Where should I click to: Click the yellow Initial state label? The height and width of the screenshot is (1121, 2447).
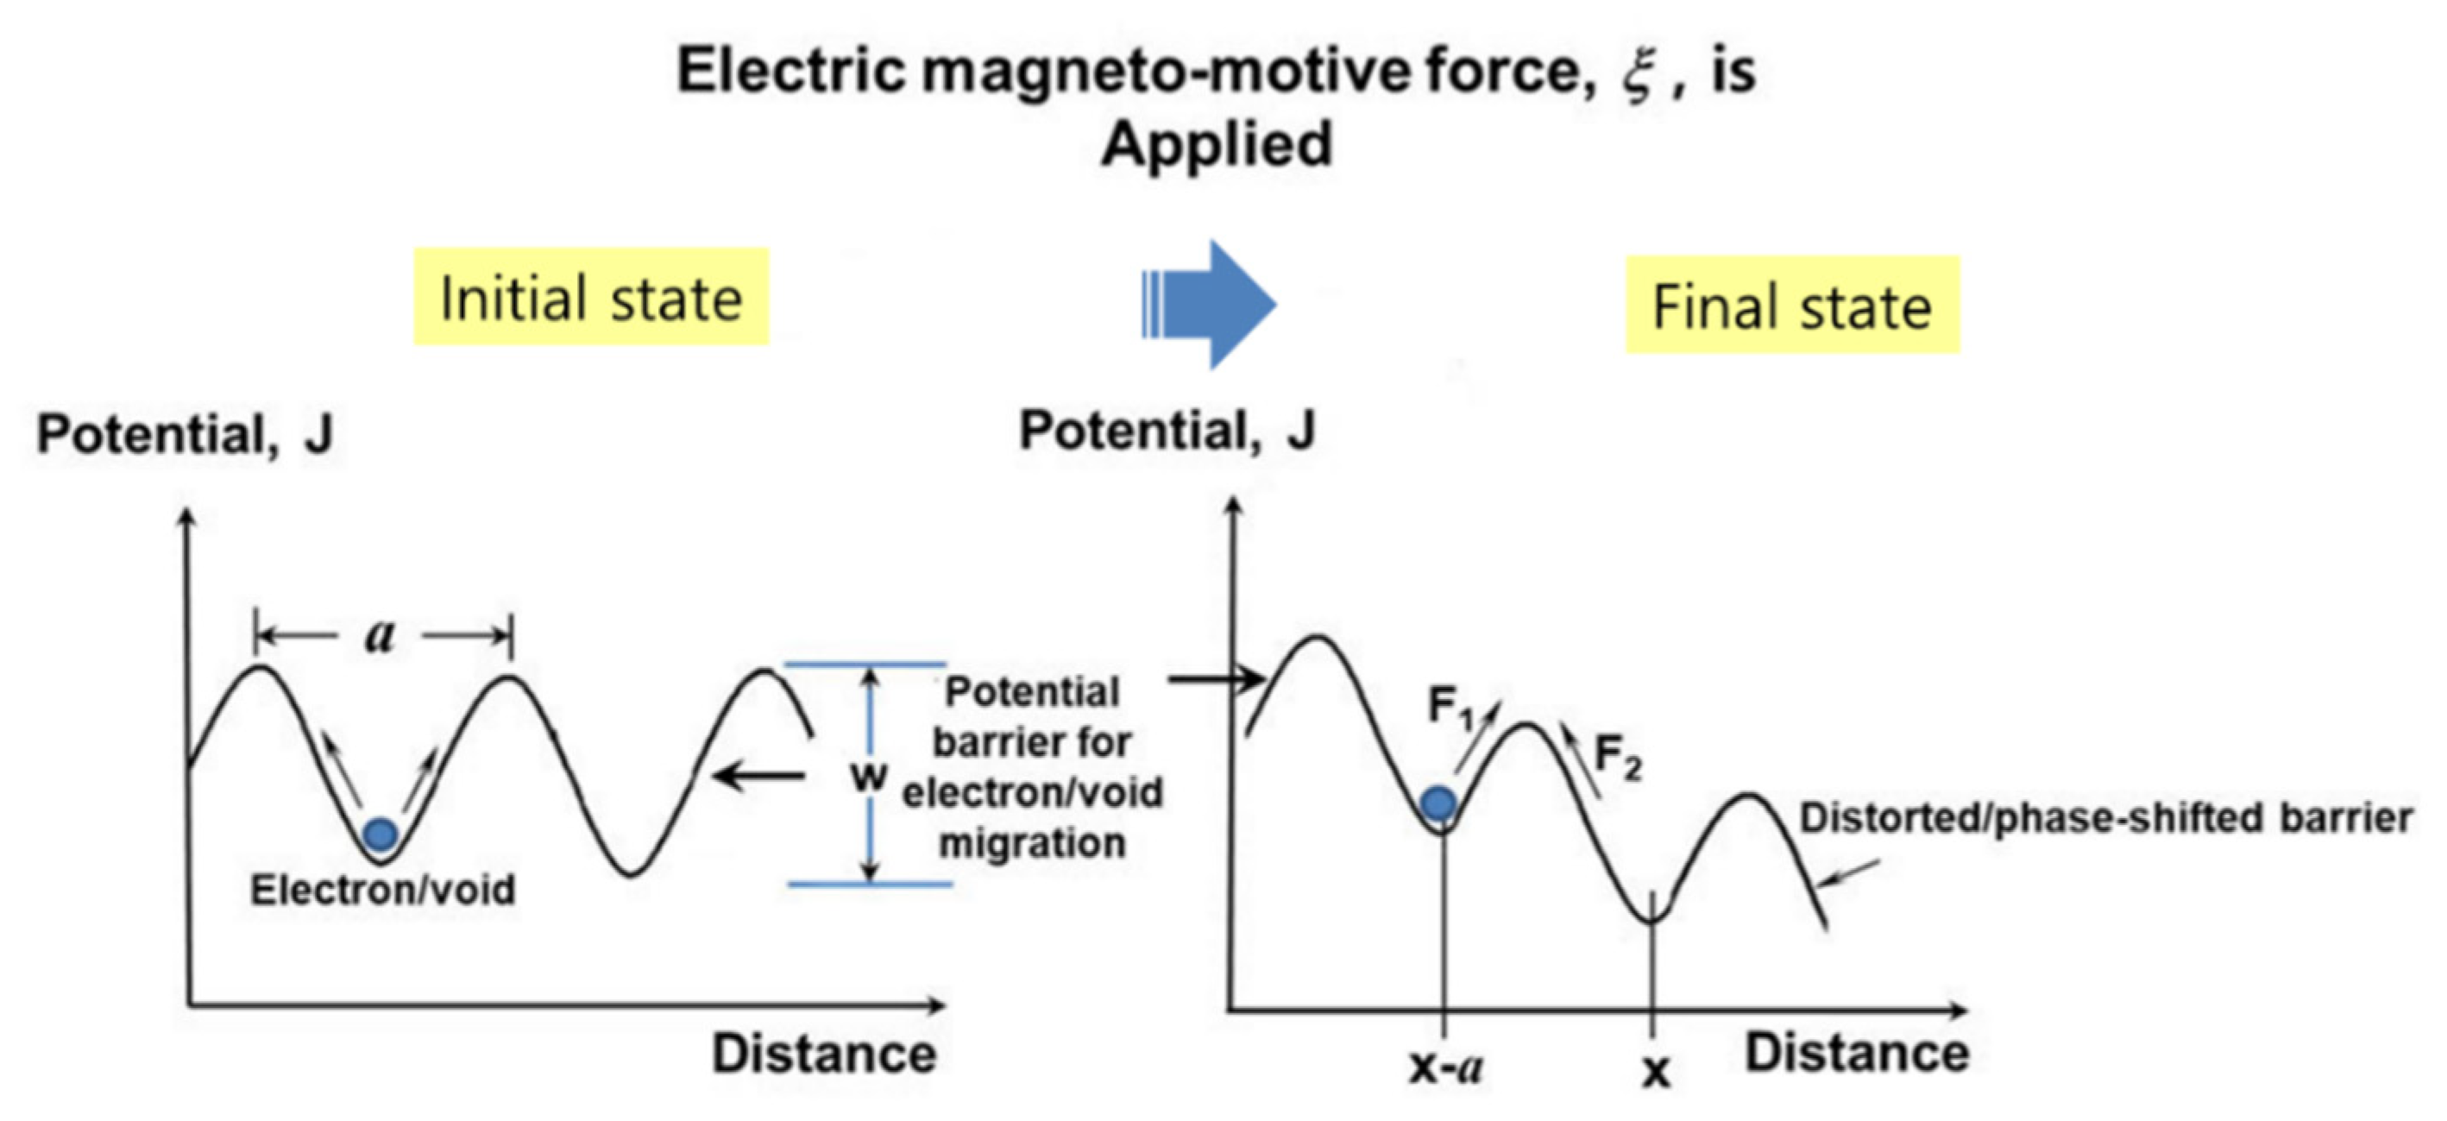point(591,299)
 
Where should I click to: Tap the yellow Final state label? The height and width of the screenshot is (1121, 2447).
point(1791,305)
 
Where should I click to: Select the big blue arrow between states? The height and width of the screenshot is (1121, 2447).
point(1212,304)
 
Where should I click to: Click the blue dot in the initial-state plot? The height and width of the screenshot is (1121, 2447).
point(381,834)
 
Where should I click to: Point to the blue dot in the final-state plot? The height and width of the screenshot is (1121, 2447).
point(1439,803)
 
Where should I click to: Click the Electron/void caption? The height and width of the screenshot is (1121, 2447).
point(383,890)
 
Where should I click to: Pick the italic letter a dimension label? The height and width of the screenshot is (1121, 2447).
point(380,634)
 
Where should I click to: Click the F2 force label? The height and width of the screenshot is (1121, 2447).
point(1617,758)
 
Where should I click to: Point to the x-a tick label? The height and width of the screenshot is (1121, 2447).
point(1446,1068)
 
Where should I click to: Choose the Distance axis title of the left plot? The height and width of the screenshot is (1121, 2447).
point(825,1054)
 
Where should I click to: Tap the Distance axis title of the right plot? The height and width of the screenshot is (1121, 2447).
point(1857,1053)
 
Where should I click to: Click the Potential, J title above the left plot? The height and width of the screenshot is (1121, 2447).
point(186,434)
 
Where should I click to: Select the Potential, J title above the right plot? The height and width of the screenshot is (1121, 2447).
point(1167,430)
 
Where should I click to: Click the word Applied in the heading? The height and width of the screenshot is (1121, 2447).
point(1217,144)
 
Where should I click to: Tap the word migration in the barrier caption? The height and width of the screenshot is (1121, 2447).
point(1033,842)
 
